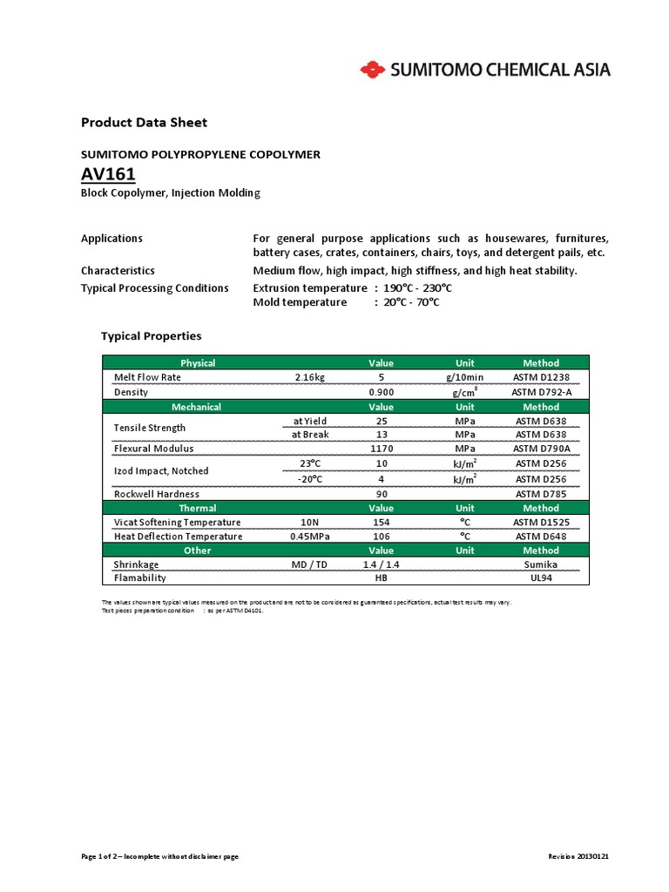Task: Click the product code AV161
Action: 108,175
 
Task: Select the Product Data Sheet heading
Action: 144,123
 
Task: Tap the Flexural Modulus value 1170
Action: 381,449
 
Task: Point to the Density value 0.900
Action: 381,392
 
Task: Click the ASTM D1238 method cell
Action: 540,377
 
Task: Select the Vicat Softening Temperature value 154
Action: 381,522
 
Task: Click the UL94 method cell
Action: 540,578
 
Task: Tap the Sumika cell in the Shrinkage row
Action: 540,564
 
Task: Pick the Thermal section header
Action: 197,508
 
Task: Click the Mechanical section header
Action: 197,407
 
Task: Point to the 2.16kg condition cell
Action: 309,377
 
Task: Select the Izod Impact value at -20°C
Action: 381,478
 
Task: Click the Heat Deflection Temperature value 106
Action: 381,536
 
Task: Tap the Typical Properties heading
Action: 151,335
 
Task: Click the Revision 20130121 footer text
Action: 578,856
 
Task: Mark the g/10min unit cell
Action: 465,377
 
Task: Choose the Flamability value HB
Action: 381,578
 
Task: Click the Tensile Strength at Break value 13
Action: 381,435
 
